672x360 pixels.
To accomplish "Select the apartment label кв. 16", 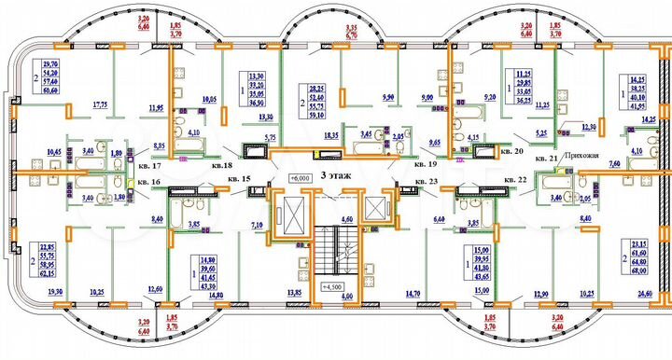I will pyautogui.click(x=139, y=183).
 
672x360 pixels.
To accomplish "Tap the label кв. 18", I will pyautogui.click(x=221, y=165).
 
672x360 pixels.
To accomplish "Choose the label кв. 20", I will pyautogui.click(x=511, y=149).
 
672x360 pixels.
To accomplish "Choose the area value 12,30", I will pyautogui.click(x=588, y=127).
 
